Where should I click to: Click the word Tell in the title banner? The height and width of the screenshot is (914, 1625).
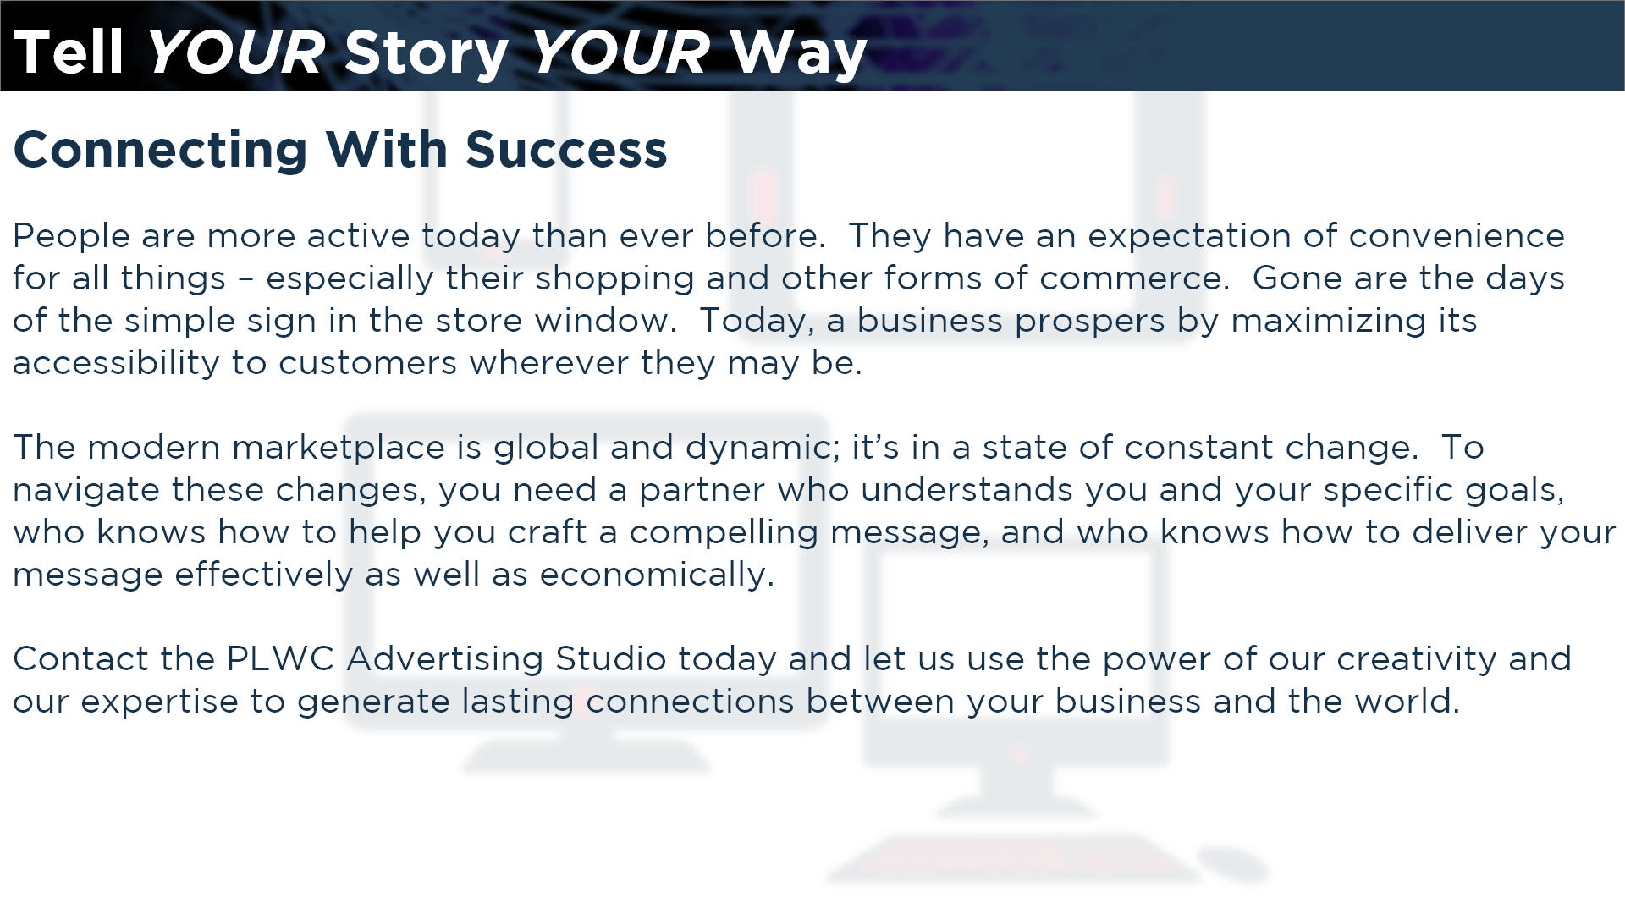(x=69, y=52)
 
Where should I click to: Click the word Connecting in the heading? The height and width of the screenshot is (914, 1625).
(x=160, y=151)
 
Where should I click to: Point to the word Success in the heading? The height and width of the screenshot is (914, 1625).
(x=566, y=150)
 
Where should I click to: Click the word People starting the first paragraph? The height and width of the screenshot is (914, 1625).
(x=71, y=236)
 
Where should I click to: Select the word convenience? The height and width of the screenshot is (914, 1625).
(x=1457, y=236)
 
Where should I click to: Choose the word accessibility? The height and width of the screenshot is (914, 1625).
(x=116, y=364)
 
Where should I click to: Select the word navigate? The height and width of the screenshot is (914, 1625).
(x=86, y=491)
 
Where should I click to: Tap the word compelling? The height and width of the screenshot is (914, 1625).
(x=724, y=533)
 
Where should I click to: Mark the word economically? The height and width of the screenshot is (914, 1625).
(x=657, y=575)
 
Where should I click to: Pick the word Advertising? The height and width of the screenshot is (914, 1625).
(x=445, y=660)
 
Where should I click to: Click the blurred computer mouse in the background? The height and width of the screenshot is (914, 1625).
(x=1232, y=863)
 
